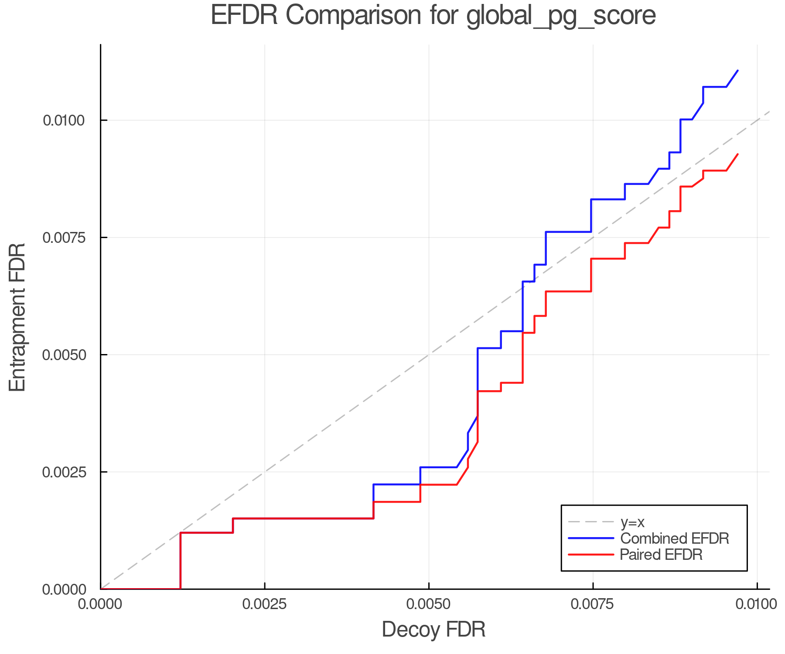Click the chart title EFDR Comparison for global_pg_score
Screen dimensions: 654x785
click(x=433, y=16)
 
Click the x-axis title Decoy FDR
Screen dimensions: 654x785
click(x=433, y=630)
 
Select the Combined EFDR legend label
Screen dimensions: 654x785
click(x=674, y=538)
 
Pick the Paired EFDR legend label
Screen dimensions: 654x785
click(x=661, y=555)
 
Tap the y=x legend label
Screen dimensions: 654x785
click(x=632, y=522)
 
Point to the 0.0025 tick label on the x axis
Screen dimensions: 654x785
click(x=265, y=604)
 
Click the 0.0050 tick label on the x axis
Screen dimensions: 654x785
click(x=429, y=604)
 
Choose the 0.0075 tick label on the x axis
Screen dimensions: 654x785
click(x=593, y=604)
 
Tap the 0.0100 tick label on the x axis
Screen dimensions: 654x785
click(x=757, y=604)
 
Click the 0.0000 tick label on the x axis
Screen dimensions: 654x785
click(x=101, y=604)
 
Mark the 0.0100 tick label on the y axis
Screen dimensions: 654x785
click(x=63, y=120)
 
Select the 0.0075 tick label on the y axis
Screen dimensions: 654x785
click(x=63, y=238)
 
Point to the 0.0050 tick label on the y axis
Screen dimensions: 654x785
click(x=63, y=355)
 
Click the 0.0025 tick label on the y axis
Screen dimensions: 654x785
click(x=63, y=472)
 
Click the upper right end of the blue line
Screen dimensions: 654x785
click(x=737, y=70)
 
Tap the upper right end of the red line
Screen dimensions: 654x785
click(x=737, y=154)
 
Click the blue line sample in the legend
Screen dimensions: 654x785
click(x=591, y=538)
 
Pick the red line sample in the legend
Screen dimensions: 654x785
click(x=591, y=555)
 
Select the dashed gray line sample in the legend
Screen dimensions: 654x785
click(x=591, y=522)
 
